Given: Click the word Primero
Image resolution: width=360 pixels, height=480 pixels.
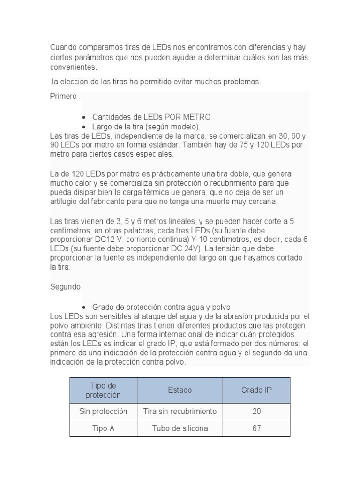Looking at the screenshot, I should pyautogui.click(x=63, y=97).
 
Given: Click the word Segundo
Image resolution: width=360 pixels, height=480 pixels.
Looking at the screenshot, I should pyautogui.click(x=65, y=286).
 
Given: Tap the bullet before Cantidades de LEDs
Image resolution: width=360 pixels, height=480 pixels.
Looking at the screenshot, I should pyautogui.click(x=83, y=117).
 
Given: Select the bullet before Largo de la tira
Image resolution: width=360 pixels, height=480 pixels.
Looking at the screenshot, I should pyautogui.click(x=83, y=127).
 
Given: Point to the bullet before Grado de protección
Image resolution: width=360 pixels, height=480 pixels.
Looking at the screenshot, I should pyautogui.click(x=83, y=307).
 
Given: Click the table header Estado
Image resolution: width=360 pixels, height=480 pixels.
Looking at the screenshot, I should pyautogui.click(x=180, y=390).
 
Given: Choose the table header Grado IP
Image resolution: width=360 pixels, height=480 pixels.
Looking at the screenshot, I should pyautogui.click(x=256, y=390).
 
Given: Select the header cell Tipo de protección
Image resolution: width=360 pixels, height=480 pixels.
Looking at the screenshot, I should pyautogui.click(x=103, y=390).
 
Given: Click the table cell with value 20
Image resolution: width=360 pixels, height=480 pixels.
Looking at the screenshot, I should pyautogui.click(x=256, y=412).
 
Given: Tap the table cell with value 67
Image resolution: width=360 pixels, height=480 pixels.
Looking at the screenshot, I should pyautogui.click(x=256, y=428).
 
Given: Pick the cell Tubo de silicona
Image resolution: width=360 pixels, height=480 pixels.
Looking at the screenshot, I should pyautogui.click(x=180, y=428).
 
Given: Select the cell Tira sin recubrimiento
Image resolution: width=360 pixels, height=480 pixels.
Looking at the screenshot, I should pyautogui.click(x=180, y=412).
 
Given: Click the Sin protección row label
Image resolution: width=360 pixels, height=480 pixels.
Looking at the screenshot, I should pyautogui.click(x=103, y=412).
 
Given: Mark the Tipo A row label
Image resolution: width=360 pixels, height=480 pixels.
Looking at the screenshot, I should pyautogui.click(x=103, y=428).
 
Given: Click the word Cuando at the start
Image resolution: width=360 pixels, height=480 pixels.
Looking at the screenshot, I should pyautogui.click(x=64, y=48).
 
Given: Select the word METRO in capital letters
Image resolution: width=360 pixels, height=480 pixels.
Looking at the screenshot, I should pyautogui.click(x=195, y=117).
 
